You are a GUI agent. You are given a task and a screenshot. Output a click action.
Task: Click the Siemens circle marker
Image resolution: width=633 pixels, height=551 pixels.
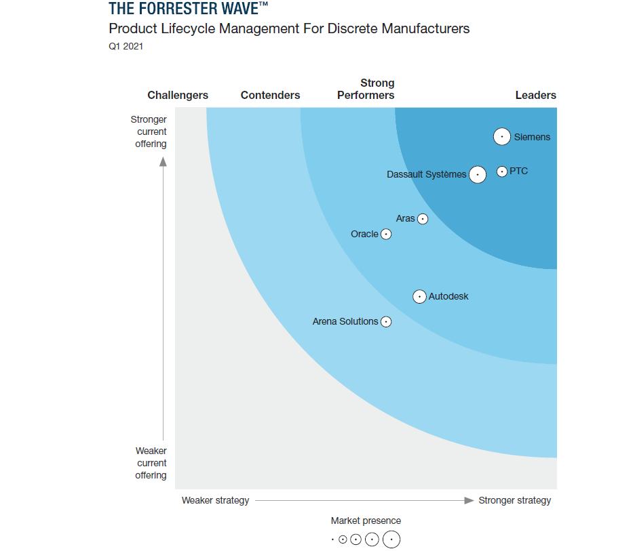coord(501,137)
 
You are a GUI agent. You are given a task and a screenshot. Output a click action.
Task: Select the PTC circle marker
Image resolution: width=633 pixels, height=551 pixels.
coord(501,171)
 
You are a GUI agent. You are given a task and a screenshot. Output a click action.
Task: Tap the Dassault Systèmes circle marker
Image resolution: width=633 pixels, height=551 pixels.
coord(478,175)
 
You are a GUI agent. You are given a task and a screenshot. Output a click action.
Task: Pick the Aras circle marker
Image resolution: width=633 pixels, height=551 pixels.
coord(423,219)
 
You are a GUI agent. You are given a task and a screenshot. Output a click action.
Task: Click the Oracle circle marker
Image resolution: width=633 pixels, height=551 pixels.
coord(386,234)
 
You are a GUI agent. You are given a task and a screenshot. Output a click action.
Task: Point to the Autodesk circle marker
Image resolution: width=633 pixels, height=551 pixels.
coord(419,297)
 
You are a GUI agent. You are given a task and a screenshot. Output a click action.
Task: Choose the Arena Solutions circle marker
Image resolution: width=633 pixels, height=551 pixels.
coord(386,322)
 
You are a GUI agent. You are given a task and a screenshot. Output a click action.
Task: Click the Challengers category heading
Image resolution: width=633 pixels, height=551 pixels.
coord(178,96)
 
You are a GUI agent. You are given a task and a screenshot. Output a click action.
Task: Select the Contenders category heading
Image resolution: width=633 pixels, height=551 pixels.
coord(270,96)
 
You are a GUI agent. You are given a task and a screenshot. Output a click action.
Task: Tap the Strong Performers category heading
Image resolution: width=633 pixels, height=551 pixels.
coord(366,89)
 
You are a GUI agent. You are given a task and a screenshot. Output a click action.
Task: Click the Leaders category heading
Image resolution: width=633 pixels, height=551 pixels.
coord(535,96)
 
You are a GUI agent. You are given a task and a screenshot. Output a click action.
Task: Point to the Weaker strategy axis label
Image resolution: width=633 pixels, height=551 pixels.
coord(215,501)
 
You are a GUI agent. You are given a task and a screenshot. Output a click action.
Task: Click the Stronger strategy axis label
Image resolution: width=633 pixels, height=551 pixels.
coord(514,501)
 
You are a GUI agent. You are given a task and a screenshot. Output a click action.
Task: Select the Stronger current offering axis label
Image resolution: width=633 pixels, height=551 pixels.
coord(149,131)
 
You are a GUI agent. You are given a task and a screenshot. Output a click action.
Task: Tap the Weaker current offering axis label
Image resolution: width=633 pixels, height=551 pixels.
coord(151,463)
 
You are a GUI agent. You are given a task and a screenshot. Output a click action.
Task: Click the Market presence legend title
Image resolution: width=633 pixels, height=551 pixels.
coord(366,521)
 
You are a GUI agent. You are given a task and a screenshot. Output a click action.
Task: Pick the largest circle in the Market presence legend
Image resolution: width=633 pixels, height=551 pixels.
coord(391,540)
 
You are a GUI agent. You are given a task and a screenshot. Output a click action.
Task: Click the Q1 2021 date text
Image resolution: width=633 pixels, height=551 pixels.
coord(126,47)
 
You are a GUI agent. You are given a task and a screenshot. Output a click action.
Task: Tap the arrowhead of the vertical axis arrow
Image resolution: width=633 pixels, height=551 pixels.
coord(163,161)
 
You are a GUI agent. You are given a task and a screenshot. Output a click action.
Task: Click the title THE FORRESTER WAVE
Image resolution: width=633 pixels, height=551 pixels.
coord(183,9)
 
